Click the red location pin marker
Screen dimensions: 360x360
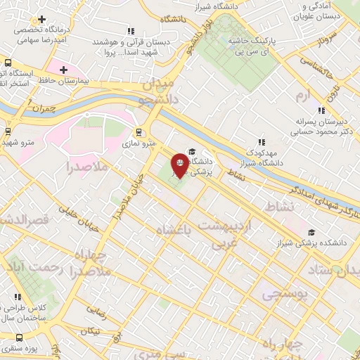[x=180, y=166]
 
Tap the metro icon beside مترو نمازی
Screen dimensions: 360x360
[x=139, y=131]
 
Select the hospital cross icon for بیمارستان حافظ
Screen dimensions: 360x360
[x=63, y=70]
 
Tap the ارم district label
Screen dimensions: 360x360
[x=303, y=94]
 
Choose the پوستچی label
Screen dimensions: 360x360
[x=285, y=295]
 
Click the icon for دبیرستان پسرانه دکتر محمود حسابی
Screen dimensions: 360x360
[x=321, y=110]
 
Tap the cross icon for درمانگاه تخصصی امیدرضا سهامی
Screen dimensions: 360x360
[x=42, y=19]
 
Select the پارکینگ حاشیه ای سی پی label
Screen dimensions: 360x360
[x=255, y=47]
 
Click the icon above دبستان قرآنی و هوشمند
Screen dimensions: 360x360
[x=130, y=31]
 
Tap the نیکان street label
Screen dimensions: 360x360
[x=90, y=331]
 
